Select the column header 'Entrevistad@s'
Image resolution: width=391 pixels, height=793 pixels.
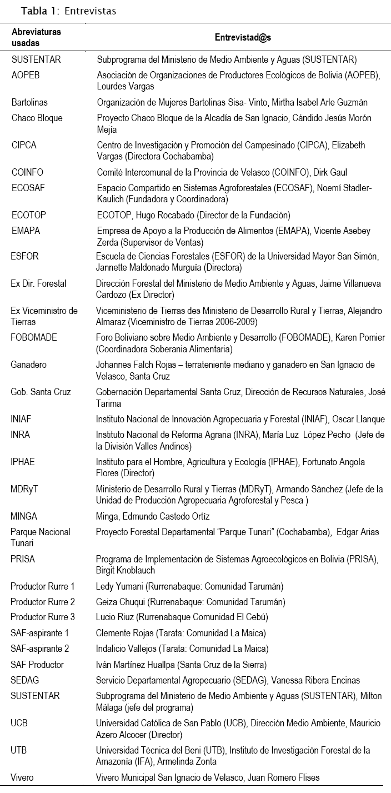(x=243, y=37)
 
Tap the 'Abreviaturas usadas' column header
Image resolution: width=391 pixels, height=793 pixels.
(x=37, y=37)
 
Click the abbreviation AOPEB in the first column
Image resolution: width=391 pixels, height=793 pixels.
(x=26, y=75)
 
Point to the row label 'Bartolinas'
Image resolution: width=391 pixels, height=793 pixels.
(x=29, y=102)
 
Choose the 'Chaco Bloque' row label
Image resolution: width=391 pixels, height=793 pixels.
(x=37, y=118)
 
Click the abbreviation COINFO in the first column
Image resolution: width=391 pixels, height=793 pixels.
(x=27, y=172)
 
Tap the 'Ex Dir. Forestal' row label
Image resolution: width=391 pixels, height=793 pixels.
(x=38, y=284)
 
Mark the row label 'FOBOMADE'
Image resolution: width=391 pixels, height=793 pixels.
(x=34, y=338)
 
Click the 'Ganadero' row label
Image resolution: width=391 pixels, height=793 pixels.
(x=28, y=365)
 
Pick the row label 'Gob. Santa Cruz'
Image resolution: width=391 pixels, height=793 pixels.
(x=41, y=392)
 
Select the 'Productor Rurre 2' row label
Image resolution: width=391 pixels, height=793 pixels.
(x=43, y=602)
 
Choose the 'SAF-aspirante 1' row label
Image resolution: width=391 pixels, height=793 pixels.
(x=40, y=633)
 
